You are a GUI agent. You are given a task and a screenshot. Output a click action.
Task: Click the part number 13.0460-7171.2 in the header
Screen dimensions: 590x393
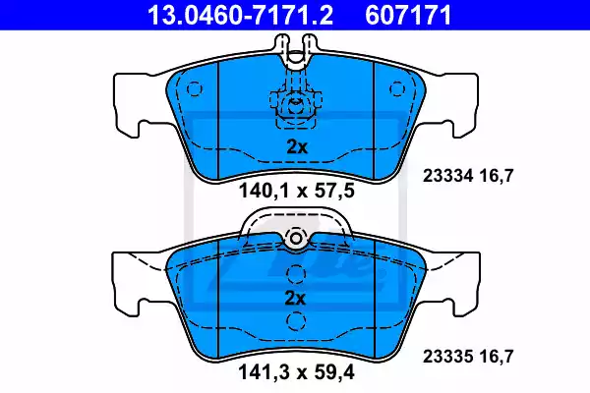click(x=240, y=15)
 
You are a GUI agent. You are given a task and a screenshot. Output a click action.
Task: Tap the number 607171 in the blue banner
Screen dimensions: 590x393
click(x=408, y=15)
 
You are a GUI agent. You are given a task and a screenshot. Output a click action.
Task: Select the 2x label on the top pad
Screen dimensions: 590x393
click(x=297, y=147)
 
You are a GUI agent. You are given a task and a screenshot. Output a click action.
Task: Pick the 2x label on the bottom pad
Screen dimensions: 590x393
click(x=295, y=299)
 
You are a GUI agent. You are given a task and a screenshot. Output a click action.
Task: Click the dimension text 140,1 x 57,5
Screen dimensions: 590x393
click(x=297, y=191)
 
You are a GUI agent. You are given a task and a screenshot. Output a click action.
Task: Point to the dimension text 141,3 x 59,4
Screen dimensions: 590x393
click(x=296, y=372)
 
